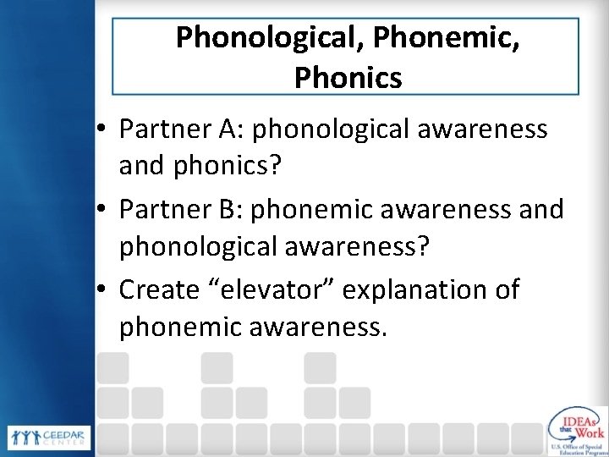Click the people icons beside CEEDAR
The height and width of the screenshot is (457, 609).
pos(24,436)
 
